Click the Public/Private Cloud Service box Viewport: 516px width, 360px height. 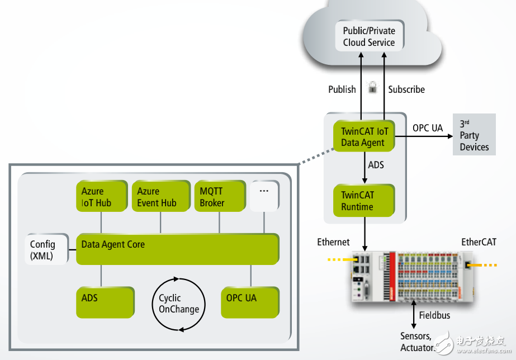tap(368, 36)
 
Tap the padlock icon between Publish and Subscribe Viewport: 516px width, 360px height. tap(372, 87)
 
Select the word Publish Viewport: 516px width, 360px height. tap(342, 89)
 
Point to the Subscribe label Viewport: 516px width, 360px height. tap(406, 89)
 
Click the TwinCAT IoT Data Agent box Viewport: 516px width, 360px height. tap(363, 136)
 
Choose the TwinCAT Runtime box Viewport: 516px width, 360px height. tap(363, 201)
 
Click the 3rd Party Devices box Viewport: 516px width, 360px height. tap(474, 135)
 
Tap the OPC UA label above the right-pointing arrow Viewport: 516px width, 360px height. tap(427, 128)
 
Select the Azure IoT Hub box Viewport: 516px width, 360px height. tap(101, 197)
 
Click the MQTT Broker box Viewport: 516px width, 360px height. tap(219, 197)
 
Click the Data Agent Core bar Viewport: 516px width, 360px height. tap(177, 249)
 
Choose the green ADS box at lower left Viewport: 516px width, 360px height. tap(105, 302)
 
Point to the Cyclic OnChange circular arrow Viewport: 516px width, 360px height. tap(178, 303)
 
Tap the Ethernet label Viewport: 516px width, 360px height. tap(333, 242)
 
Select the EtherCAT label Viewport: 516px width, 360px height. tap(478, 242)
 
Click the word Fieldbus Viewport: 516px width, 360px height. tap(434, 315)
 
